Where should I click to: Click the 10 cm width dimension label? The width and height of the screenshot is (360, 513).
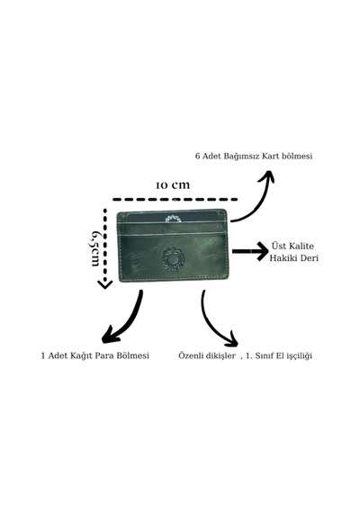[173, 185]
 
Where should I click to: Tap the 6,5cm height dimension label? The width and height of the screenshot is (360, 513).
[94, 248]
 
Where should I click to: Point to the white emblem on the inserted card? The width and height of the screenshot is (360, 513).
[174, 219]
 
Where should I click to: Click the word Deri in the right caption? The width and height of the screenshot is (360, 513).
[309, 257]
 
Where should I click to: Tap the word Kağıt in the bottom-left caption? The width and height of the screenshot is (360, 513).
[79, 355]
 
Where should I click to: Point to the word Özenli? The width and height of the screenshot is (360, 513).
[191, 355]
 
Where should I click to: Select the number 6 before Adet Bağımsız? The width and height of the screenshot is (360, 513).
[197, 156]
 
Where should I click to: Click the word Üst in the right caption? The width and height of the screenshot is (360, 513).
[278, 246]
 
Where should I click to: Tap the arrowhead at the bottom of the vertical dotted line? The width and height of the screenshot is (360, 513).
[105, 284]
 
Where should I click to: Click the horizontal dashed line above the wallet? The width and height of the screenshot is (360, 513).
[175, 199]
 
